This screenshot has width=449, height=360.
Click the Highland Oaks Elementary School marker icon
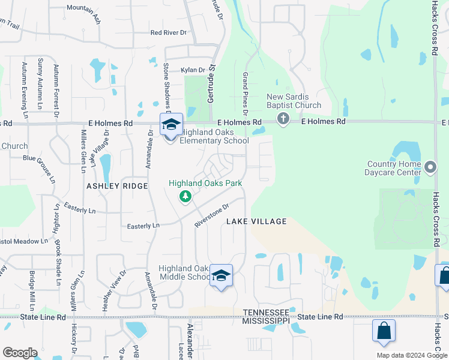tap(171, 125)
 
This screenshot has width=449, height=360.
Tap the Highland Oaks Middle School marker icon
tap(221, 276)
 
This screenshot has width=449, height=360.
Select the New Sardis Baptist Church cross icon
tap(283, 120)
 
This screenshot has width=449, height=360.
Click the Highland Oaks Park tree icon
tap(186, 196)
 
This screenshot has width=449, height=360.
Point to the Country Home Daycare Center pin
tap(430, 166)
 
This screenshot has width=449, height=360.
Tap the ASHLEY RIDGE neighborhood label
tap(117, 186)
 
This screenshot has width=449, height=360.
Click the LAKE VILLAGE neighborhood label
tap(256, 221)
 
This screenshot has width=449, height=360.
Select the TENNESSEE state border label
tap(266, 313)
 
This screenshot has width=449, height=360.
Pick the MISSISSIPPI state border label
tap(266, 321)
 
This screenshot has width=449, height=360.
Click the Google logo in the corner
tap(20, 353)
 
